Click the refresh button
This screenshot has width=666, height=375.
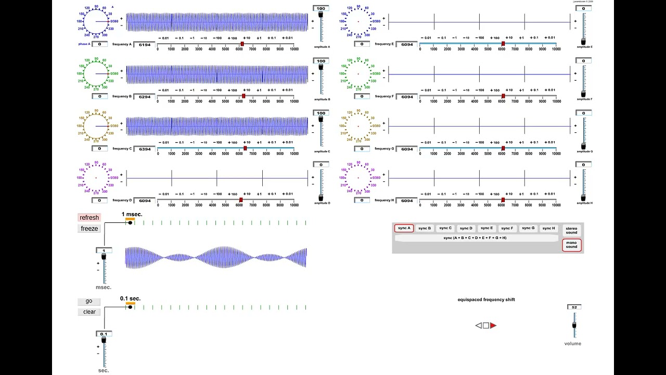tap(89, 218)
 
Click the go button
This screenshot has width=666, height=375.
tap(89, 301)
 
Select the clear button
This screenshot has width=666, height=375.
tap(89, 312)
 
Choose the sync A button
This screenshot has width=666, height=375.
tap(404, 228)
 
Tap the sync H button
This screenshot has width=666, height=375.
tap(548, 228)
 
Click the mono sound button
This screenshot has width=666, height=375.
tap(571, 245)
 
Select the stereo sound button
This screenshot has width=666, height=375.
tap(571, 230)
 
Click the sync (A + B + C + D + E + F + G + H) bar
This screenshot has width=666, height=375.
tap(475, 238)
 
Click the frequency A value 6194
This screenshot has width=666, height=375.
tap(145, 45)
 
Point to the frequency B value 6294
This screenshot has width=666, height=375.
tap(145, 97)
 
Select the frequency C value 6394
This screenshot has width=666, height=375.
tap(145, 149)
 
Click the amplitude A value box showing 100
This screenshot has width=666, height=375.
tap(321, 8)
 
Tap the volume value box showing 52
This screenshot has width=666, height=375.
tap(574, 307)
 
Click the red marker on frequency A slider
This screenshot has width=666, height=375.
tap(242, 44)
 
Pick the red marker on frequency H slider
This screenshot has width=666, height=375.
tap(503, 200)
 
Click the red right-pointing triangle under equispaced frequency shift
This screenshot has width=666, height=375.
tap(493, 326)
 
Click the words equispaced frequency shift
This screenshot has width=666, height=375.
tap(486, 299)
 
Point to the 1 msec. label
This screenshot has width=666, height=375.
tap(132, 214)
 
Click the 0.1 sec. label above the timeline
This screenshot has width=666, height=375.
tap(130, 298)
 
